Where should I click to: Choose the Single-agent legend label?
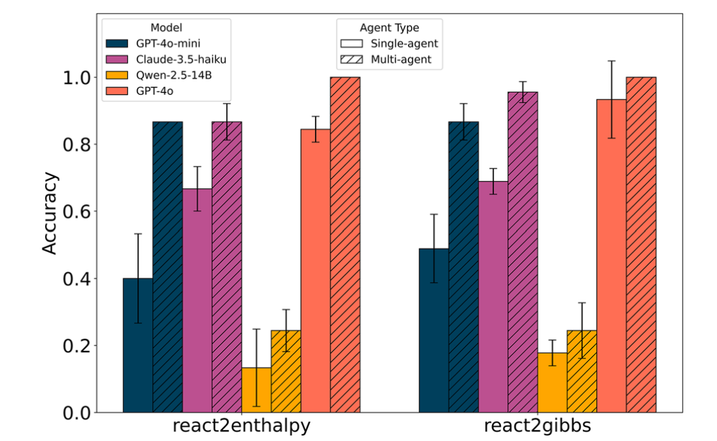pyautogui.click(x=405, y=44)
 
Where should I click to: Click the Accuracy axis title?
pyautogui.click(x=50, y=214)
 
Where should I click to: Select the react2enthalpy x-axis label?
pyautogui.click(x=241, y=427)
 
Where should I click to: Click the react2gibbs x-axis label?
pyautogui.click(x=537, y=427)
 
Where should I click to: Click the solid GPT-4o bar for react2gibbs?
pyautogui.click(x=611, y=255)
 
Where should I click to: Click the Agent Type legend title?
pyautogui.click(x=389, y=28)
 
